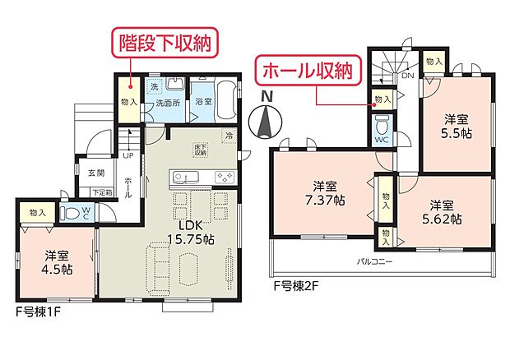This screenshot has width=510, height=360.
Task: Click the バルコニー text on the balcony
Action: click(374, 262)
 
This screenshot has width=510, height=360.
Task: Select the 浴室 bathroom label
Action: click(203, 102)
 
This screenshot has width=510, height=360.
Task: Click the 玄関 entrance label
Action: click(95, 173)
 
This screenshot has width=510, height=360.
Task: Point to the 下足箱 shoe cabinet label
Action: click(102, 192)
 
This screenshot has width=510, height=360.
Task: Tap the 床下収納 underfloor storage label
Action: click(201, 150)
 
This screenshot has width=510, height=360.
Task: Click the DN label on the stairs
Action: click(408, 75)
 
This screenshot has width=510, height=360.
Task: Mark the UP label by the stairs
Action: click(128, 155)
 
